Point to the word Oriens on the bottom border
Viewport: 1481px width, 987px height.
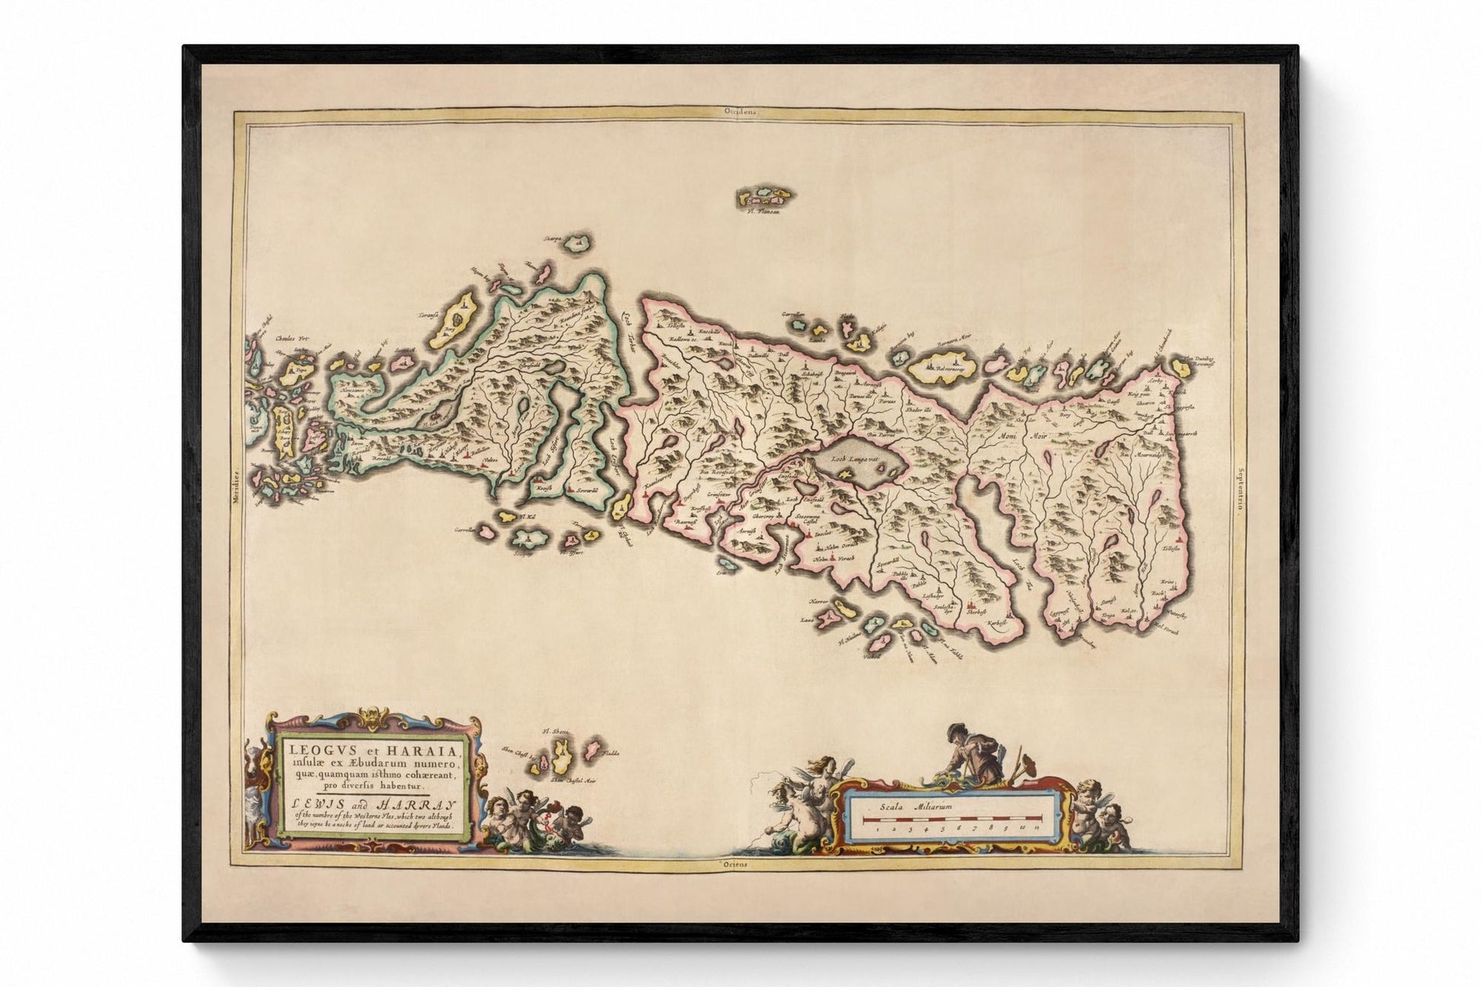737,865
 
